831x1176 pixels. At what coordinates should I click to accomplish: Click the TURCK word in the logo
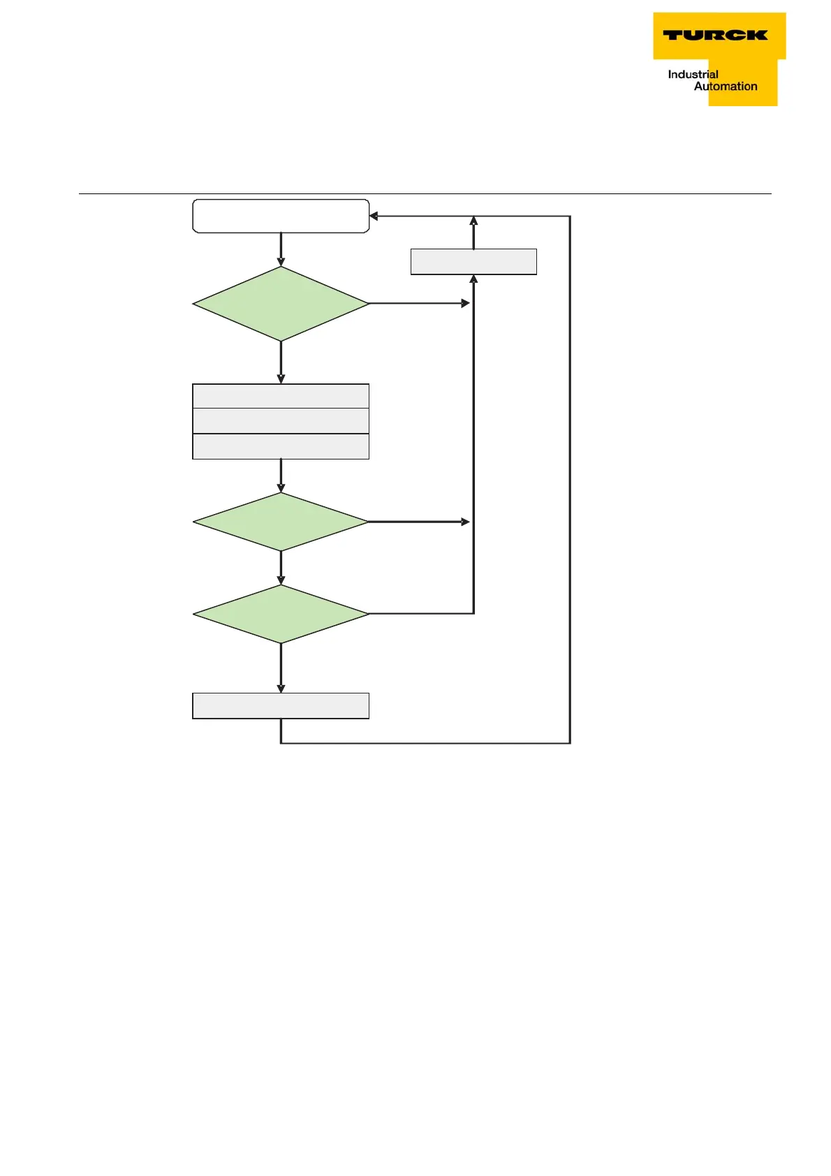[x=714, y=35]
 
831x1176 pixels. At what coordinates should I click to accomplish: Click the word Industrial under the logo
[x=693, y=74]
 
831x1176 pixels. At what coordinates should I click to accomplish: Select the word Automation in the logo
[x=726, y=87]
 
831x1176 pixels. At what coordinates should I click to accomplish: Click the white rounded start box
[x=281, y=216]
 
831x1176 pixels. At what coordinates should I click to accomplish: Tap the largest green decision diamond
[x=281, y=304]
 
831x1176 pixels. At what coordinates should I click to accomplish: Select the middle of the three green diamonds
[x=281, y=522]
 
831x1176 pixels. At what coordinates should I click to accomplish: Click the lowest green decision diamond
[x=281, y=614]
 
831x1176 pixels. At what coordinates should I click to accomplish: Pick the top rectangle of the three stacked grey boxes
[x=281, y=396]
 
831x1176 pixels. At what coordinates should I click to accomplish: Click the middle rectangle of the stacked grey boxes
[x=281, y=421]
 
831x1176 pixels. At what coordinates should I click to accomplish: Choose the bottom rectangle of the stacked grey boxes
[x=281, y=446]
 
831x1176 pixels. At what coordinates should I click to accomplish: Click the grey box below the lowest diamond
[x=281, y=706]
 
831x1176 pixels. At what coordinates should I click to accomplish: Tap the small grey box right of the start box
[x=473, y=262]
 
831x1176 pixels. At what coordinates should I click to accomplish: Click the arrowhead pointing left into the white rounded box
[x=374, y=216]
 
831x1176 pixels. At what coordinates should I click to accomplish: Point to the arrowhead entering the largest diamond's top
[x=281, y=262]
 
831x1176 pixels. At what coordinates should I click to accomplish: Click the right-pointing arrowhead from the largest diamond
[x=466, y=304]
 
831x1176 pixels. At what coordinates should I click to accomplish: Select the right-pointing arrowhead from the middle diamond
[x=466, y=522]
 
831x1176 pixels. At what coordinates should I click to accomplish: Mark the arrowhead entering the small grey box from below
[x=473, y=279]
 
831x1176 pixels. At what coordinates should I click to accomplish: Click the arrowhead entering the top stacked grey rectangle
[x=281, y=379]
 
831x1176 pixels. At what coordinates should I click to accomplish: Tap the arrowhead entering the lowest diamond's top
[x=281, y=580]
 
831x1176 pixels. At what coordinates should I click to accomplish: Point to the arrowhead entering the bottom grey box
[x=281, y=689]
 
